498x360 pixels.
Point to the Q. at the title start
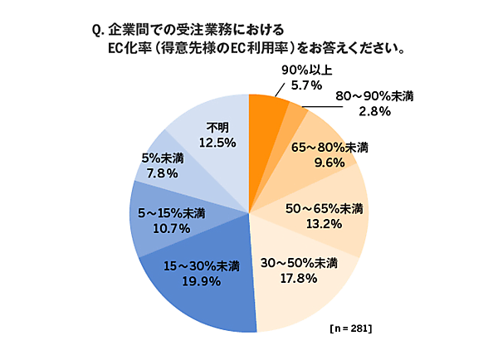pyautogui.click(x=96, y=31)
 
